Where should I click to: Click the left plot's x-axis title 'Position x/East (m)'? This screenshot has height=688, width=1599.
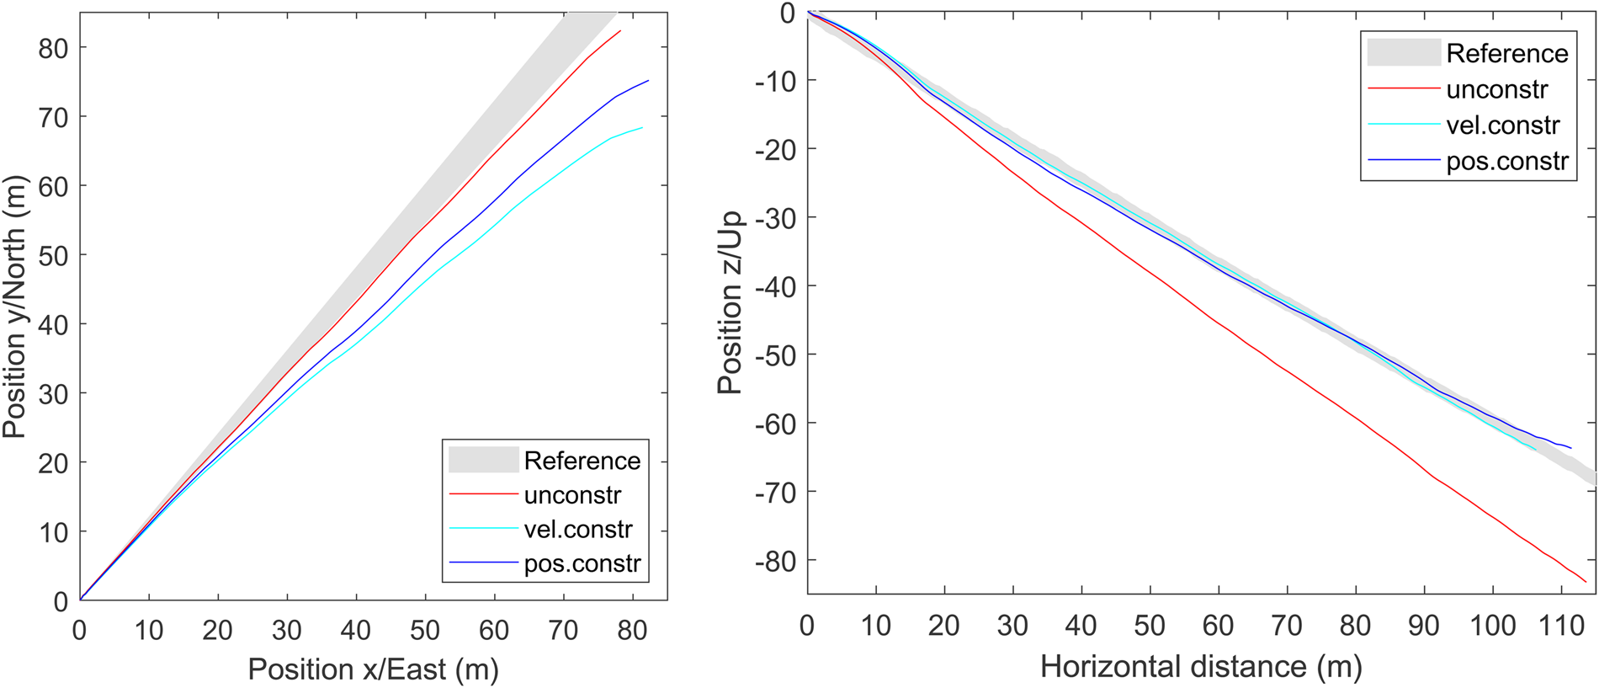(x=373, y=669)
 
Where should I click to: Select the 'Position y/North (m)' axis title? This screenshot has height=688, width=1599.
(x=14, y=307)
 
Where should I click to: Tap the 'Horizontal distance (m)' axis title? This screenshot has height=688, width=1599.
(x=1201, y=667)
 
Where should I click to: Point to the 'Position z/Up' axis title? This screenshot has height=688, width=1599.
(x=730, y=301)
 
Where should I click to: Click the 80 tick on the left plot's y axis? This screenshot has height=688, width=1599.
(x=53, y=49)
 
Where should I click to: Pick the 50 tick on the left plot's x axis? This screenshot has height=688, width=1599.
(x=425, y=630)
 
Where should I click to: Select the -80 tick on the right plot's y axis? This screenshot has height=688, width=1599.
(x=775, y=561)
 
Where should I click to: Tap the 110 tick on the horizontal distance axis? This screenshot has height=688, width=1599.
(x=1562, y=626)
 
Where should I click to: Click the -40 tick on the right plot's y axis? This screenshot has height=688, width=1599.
(x=775, y=287)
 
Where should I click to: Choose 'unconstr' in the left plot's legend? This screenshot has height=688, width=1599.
(x=572, y=495)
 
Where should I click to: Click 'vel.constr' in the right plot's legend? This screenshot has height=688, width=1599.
(x=1503, y=125)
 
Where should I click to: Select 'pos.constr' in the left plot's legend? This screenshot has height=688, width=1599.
(x=582, y=563)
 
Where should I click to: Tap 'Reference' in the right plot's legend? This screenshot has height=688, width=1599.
(x=1506, y=54)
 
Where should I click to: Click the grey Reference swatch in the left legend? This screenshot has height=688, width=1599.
(x=483, y=460)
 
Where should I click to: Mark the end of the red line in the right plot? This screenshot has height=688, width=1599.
(x=1586, y=582)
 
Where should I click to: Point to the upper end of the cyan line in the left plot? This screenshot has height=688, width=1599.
(x=643, y=128)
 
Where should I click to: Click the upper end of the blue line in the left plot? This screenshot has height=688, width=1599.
(x=649, y=81)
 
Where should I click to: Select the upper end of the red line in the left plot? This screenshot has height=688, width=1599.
(x=621, y=31)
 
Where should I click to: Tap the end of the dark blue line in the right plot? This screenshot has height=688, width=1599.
(x=1571, y=448)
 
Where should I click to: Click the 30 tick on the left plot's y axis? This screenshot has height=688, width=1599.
(x=53, y=394)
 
